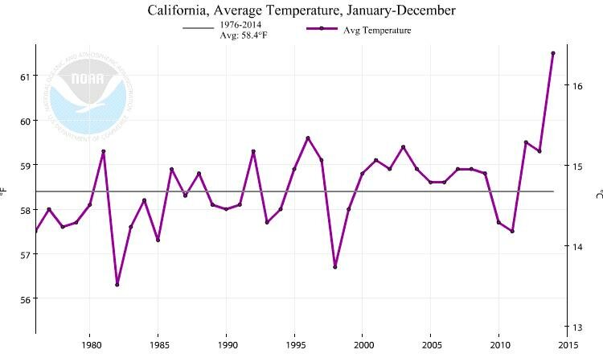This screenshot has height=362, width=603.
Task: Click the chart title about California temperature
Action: (x=301, y=10)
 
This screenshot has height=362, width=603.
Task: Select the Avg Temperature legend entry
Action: (x=359, y=30)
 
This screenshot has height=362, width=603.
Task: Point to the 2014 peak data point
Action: (x=553, y=53)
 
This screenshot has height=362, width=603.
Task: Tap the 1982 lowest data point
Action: (x=117, y=285)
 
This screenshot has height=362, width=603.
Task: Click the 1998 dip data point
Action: (x=335, y=267)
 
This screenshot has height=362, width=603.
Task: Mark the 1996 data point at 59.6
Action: (x=308, y=138)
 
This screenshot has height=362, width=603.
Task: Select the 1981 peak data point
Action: (x=103, y=151)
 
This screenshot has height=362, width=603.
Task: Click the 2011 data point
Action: (x=512, y=232)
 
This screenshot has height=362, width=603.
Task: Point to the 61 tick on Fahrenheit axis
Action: (x=25, y=76)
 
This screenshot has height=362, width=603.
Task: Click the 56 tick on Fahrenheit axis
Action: (x=25, y=299)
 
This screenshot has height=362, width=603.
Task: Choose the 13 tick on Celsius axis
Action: (x=576, y=327)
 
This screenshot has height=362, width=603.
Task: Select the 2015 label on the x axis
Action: (x=568, y=345)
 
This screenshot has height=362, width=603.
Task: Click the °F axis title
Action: (x=6, y=191)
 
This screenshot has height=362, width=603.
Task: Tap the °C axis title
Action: (x=597, y=193)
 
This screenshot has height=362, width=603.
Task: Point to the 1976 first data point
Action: (x=35, y=232)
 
